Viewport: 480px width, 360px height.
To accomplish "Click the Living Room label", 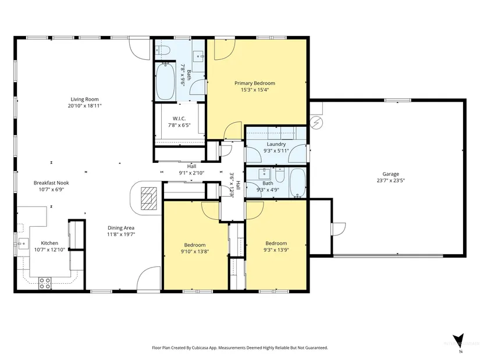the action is pyautogui.click(x=84, y=99).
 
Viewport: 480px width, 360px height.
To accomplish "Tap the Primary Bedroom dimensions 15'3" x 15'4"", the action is pyautogui.click(x=255, y=90).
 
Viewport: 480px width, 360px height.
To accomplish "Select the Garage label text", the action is pyautogui.click(x=390, y=174).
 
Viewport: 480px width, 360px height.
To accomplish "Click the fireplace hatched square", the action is pyautogui.click(x=149, y=198).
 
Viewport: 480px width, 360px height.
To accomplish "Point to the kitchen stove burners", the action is pyautogui.click(x=45, y=283).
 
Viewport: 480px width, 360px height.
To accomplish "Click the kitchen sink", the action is pyautogui.click(x=23, y=244).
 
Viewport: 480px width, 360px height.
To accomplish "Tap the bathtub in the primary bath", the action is pyautogui.click(x=165, y=81).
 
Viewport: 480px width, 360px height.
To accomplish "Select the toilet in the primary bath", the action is pyautogui.click(x=162, y=50).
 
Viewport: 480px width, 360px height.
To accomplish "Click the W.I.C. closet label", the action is pyautogui.click(x=179, y=119).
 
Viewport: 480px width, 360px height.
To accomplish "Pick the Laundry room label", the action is pyautogui.click(x=276, y=144).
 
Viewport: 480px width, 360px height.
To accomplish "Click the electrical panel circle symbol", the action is pyautogui.click(x=317, y=123).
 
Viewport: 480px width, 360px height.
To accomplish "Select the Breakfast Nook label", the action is pyautogui.click(x=51, y=183).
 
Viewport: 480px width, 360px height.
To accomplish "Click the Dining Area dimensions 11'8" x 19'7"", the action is pyautogui.click(x=121, y=234).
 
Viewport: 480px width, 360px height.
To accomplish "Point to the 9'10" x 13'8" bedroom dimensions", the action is pyautogui.click(x=195, y=252).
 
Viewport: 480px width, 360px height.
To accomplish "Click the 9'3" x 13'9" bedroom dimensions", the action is pyautogui.click(x=276, y=250).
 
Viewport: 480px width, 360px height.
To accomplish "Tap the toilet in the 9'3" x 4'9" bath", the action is pyautogui.click(x=280, y=175).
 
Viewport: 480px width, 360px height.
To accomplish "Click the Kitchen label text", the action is pyautogui.click(x=49, y=243).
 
